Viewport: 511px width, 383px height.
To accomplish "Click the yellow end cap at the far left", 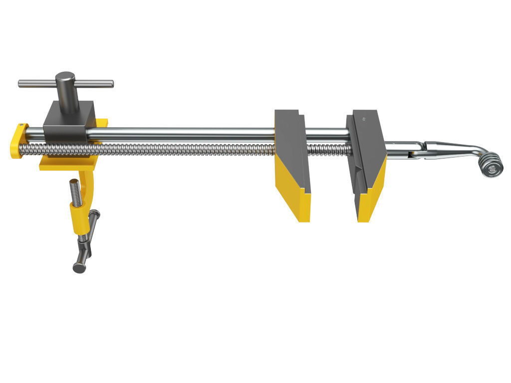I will click(x=17, y=142).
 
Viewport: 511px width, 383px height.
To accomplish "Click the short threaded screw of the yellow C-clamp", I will click(x=75, y=192).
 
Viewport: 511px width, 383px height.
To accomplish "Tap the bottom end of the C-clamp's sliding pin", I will click(x=79, y=268).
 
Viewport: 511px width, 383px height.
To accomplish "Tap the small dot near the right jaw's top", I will click(x=364, y=119).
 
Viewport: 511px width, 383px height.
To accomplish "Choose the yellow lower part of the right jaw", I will click(x=372, y=194).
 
